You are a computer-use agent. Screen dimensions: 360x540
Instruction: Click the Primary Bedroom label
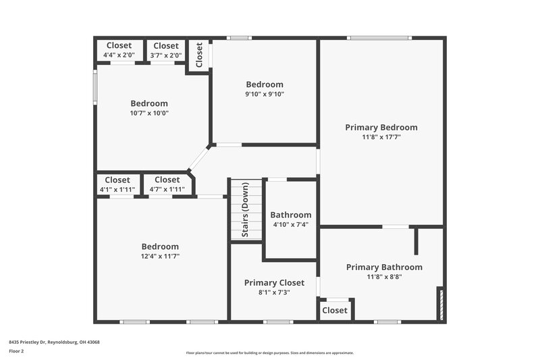pos(381,127)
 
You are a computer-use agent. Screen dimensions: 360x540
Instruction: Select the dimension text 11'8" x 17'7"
pos(381,137)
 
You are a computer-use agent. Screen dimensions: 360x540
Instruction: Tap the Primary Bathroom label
pos(384,267)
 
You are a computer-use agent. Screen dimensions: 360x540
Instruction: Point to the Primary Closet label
pos(274,282)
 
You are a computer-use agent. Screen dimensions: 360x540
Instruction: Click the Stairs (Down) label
pos(246,209)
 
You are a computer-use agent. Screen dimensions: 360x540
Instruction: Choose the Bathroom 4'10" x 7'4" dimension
pos(292,224)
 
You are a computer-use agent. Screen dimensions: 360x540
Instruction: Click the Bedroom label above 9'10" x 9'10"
pos(264,84)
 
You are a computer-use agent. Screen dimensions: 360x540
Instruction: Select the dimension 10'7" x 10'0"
pos(149,113)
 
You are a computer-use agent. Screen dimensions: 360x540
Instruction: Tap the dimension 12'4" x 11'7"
pos(160,257)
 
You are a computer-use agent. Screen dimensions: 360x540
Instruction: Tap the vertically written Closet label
pos(199,55)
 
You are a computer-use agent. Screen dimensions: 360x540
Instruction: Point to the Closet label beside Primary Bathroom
pos(335,311)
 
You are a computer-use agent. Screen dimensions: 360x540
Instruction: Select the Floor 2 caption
pos(17,351)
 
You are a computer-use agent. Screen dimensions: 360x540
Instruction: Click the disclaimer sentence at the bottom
pos(269,353)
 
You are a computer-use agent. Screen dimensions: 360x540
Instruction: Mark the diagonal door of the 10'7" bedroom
pos(198,158)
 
